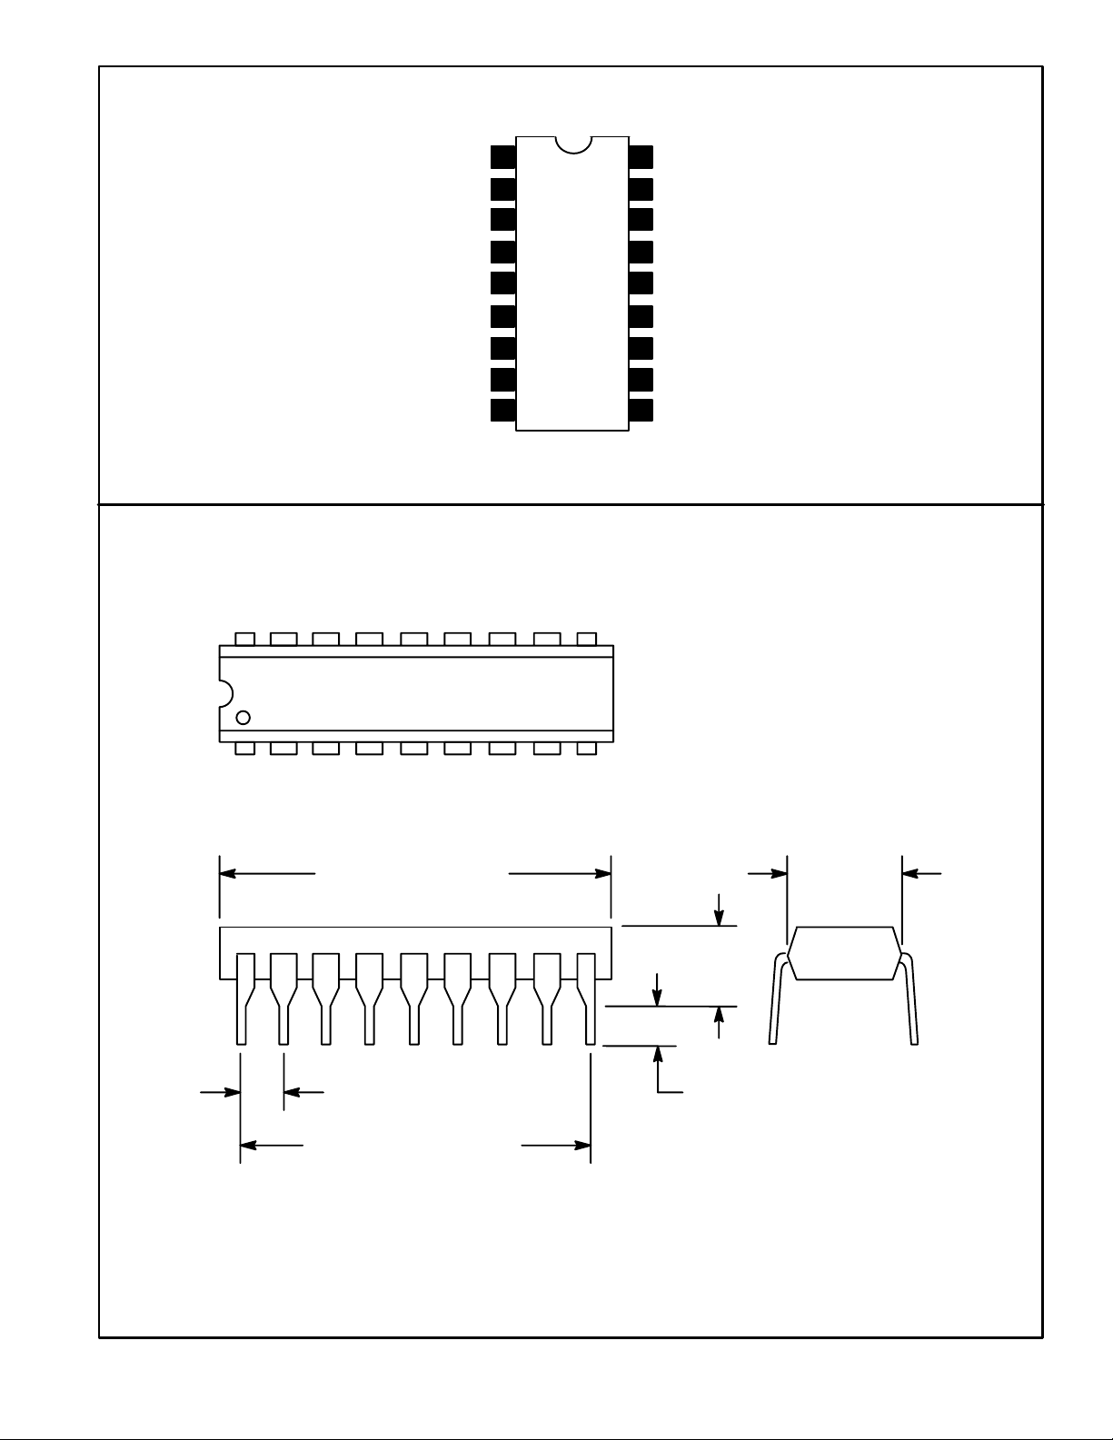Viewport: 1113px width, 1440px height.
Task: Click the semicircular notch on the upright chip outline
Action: click(x=572, y=144)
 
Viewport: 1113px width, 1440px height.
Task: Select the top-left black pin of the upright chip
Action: click(x=502, y=156)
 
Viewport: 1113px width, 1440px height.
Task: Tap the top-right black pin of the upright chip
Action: click(x=641, y=156)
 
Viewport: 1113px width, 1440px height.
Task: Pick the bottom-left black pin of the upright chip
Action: click(x=502, y=410)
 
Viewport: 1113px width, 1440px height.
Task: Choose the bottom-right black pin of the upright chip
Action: click(x=641, y=410)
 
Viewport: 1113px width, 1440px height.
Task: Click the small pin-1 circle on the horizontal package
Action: click(x=243, y=718)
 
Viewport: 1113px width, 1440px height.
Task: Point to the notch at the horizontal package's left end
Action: click(x=225, y=693)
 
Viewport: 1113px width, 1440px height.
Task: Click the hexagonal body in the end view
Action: click(x=844, y=953)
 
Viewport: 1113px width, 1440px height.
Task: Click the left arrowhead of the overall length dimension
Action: click(x=228, y=873)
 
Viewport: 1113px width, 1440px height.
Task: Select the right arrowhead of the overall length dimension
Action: click(x=603, y=873)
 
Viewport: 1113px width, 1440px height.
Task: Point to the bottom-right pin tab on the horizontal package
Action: click(x=587, y=749)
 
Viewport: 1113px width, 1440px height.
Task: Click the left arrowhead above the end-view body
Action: click(x=780, y=873)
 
